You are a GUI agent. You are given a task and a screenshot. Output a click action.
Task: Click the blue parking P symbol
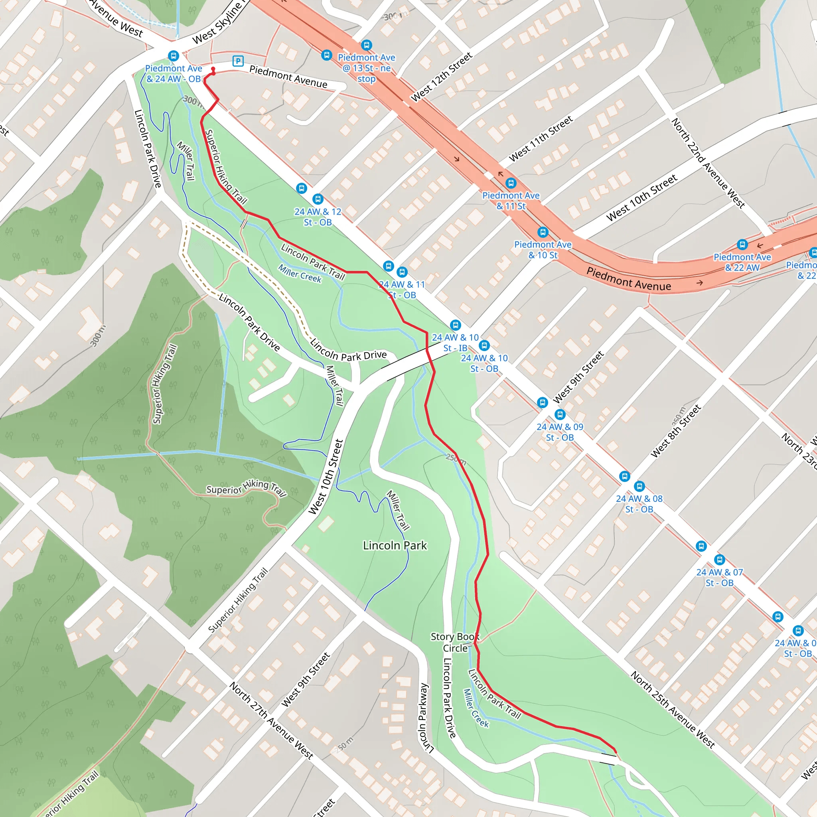tap(238, 61)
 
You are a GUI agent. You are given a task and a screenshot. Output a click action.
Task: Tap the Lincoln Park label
tap(395, 545)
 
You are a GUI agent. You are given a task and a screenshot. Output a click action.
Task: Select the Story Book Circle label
tap(455, 642)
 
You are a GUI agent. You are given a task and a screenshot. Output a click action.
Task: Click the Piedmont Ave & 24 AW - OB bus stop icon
tap(173, 56)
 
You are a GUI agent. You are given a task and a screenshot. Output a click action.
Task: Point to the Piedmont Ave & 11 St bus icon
tap(511, 183)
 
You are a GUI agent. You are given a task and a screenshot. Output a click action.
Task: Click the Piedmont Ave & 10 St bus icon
tap(543, 232)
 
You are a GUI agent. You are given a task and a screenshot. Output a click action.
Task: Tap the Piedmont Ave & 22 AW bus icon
tap(742, 245)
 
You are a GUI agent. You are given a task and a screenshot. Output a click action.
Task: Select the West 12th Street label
tap(442, 77)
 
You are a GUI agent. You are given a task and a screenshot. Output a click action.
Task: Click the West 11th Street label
tap(541, 139)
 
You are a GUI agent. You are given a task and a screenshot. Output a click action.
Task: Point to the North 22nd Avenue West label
tap(708, 163)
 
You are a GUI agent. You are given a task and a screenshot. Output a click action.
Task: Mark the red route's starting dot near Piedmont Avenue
tap(213, 69)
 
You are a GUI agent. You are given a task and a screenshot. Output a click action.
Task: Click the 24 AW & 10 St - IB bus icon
tap(455, 325)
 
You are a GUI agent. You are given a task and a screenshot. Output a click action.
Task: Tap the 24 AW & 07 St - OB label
tap(719, 577)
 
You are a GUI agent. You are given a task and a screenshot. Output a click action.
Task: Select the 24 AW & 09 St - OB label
tap(559, 432)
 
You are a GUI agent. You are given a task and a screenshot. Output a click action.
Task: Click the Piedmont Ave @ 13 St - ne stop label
tap(366, 68)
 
